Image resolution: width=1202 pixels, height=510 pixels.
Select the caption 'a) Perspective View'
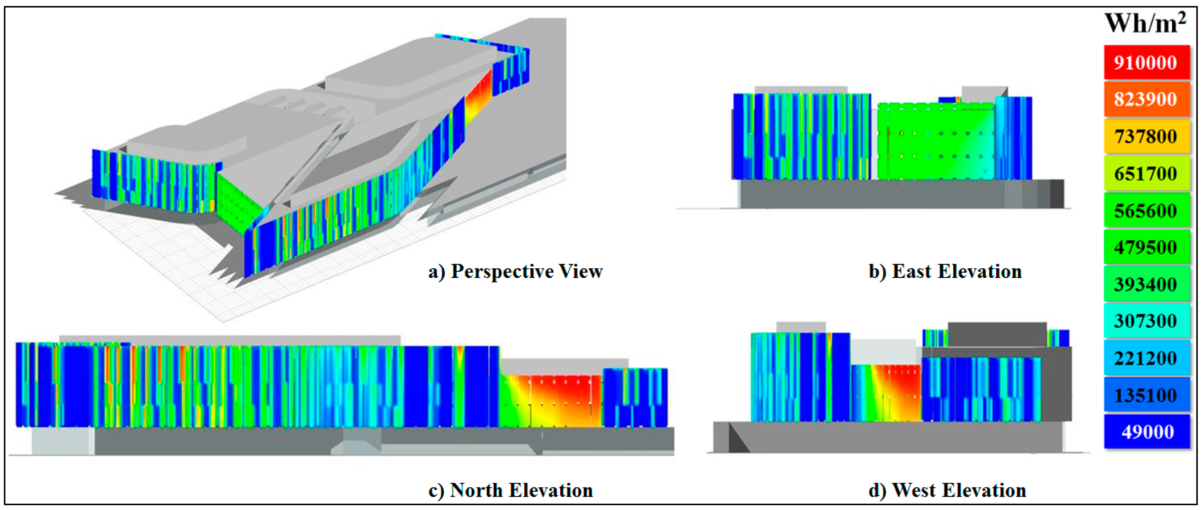click(x=515, y=271)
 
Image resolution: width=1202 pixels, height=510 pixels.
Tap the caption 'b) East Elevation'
click(x=945, y=271)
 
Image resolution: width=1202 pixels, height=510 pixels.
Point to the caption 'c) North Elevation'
click(x=510, y=490)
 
